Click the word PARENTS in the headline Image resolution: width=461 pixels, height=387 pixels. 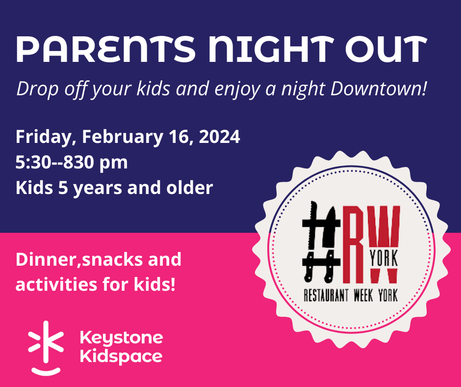106,49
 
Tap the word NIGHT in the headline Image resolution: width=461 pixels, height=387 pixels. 271,49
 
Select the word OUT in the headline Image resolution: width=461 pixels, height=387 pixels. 386,49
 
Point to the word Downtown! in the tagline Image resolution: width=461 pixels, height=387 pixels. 378,88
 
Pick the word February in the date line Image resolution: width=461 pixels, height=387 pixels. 122,137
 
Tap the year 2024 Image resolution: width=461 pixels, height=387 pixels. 219,137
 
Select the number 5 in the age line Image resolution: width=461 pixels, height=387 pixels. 63,188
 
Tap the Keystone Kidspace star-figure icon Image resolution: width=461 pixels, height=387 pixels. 46,348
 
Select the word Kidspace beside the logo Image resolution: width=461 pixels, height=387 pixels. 121,357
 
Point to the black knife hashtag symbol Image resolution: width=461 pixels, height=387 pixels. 321,241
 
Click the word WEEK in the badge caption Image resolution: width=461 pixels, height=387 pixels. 363,295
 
